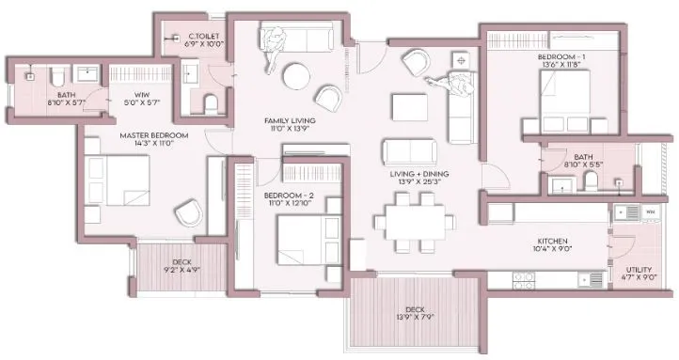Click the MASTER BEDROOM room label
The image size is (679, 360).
(x=153, y=135)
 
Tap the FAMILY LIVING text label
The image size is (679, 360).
(x=289, y=121)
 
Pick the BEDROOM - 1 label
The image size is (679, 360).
(x=561, y=57)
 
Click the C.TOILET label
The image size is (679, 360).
(x=202, y=36)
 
